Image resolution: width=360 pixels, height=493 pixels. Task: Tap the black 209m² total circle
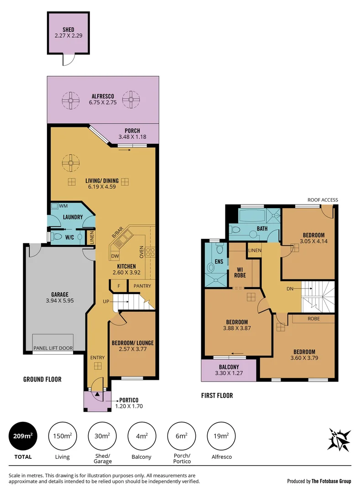[22, 436]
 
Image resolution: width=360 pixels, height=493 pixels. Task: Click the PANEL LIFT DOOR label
[53, 348]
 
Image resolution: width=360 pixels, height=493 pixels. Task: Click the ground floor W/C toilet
[57, 236]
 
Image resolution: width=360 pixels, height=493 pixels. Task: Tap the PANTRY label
[142, 286]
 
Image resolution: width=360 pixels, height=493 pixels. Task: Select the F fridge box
[118, 286]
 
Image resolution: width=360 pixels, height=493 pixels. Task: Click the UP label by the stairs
[106, 302]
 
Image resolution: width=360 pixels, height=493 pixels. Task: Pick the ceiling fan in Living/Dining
[71, 162]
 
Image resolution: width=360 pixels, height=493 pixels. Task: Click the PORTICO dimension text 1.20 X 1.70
[132, 406]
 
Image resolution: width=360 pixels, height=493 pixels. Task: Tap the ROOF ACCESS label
[322, 200]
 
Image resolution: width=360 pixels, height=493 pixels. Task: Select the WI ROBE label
[240, 273]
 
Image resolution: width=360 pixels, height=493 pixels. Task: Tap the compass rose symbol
[339, 440]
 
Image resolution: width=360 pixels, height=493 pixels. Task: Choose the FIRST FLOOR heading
[217, 395]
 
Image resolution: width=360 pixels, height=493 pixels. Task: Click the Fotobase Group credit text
[319, 481]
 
